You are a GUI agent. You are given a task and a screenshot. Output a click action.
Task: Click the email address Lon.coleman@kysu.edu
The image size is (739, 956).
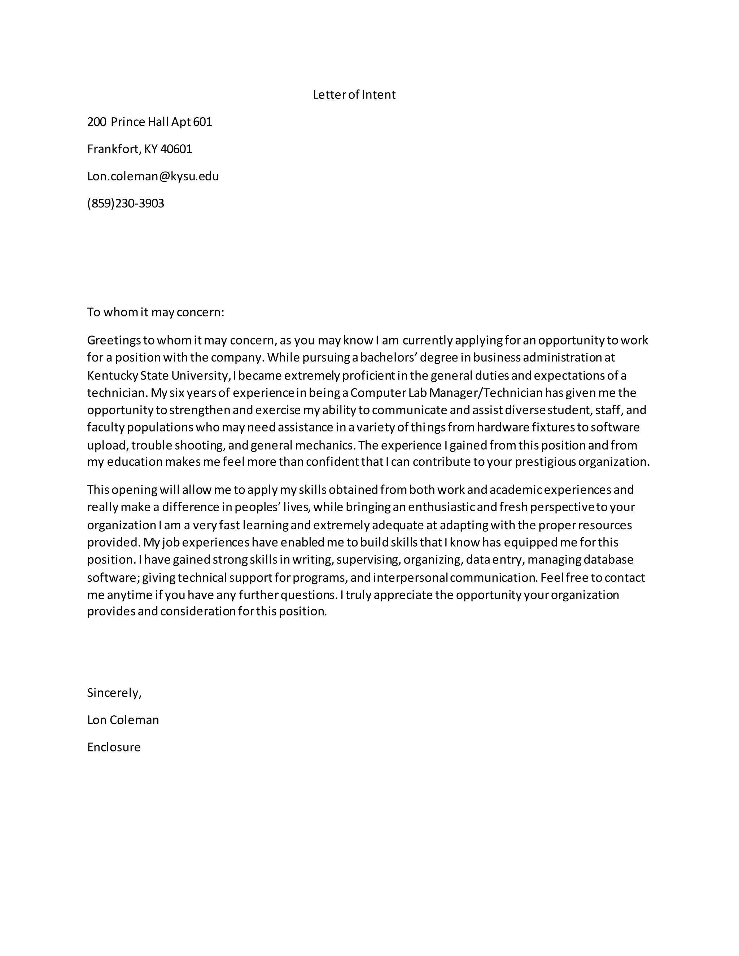click(x=153, y=176)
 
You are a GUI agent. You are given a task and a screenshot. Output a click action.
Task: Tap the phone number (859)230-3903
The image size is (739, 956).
click(x=126, y=203)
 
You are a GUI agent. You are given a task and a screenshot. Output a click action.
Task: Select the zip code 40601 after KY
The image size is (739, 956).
click(x=176, y=149)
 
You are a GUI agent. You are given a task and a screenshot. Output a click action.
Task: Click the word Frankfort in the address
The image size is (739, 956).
click(x=113, y=149)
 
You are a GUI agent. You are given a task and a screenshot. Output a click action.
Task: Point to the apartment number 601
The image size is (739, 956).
click(x=203, y=122)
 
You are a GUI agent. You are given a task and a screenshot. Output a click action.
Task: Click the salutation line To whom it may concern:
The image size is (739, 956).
click(x=156, y=312)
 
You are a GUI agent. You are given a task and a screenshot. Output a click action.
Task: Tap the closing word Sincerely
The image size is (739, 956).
click(x=114, y=693)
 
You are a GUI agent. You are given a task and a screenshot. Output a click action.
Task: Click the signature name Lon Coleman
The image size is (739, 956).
click(x=123, y=720)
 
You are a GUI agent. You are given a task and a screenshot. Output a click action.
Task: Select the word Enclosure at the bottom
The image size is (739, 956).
click(x=114, y=747)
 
